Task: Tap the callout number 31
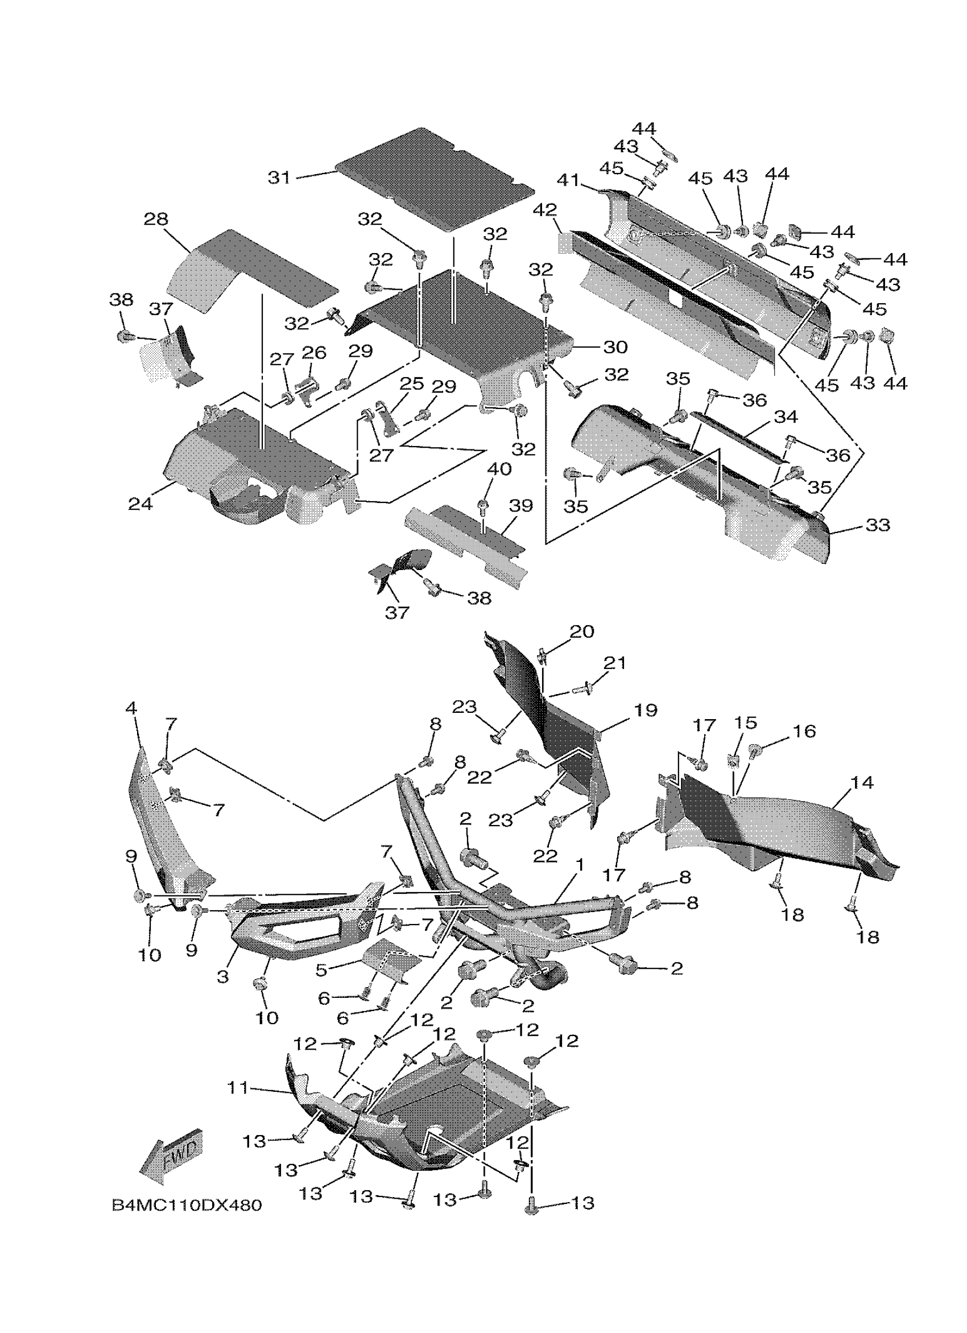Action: [280, 177]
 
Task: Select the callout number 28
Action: [156, 219]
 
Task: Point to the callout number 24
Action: [140, 503]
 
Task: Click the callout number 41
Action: [568, 180]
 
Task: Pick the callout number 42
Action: [545, 210]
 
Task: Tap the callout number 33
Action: [878, 525]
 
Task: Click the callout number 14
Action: [861, 782]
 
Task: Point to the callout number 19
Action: [646, 710]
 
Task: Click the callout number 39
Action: [520, 505]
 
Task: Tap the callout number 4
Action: [131, 708]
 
